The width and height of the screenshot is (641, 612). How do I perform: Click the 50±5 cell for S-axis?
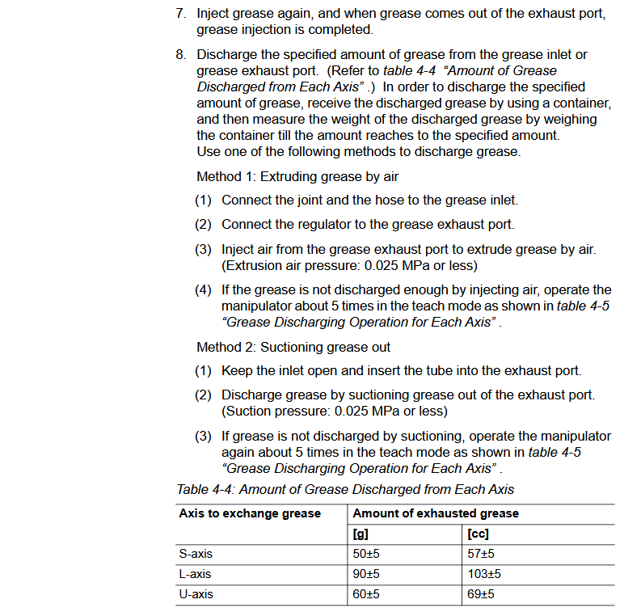coord(367,554)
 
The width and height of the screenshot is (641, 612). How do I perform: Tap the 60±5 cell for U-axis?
coord(367,594)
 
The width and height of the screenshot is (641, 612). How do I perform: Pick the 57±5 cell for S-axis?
coord(481,554)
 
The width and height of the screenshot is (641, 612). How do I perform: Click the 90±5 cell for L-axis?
coord(367,574)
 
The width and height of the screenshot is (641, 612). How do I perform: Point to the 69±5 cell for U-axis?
coord(481,594)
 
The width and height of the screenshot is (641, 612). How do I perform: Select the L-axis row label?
coord(196,574)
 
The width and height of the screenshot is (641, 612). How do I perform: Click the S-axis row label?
coord(196,554)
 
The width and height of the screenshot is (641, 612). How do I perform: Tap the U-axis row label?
coord(196,594)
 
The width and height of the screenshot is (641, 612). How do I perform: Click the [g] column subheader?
coord(361,534)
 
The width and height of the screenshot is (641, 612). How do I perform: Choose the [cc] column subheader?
coord(478,534)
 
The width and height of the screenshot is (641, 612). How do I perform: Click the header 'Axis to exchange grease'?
coord(250,513)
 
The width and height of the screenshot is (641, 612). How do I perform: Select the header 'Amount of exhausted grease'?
coord(436,513)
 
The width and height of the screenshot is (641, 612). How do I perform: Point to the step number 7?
coord(181,14)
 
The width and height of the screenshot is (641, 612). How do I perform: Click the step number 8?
coord(181,54)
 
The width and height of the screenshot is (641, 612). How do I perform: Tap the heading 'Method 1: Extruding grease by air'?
coord(297,176)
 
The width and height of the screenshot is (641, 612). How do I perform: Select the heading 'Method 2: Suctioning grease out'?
coord(293,347)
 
